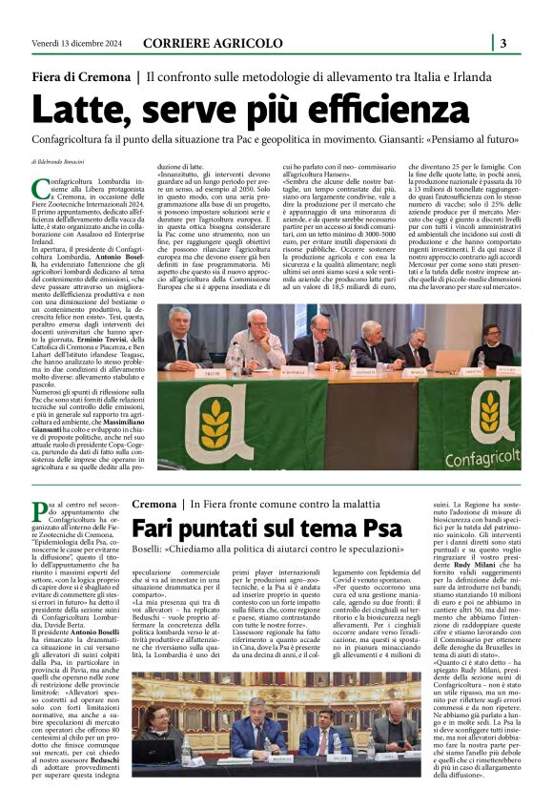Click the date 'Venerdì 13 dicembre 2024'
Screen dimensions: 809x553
click(63, 44)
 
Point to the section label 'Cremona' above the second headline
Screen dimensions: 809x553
click(154, 503)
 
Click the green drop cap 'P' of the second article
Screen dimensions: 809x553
click(37, 508)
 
